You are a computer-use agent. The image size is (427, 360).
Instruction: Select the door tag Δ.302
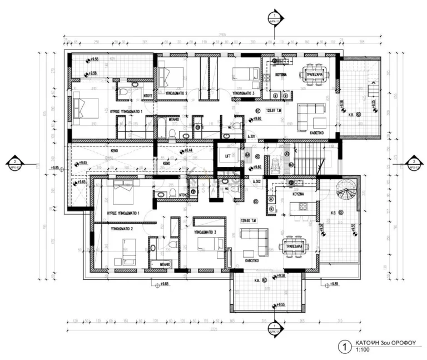click(x=256, y=182)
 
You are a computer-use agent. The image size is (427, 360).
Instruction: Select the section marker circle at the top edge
click(x=273, y=15)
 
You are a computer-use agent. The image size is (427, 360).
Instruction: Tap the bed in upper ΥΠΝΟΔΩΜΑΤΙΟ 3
click(x=242, y=75)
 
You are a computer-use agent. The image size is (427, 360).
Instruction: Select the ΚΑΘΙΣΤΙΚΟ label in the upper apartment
click(x=310, y=134)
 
